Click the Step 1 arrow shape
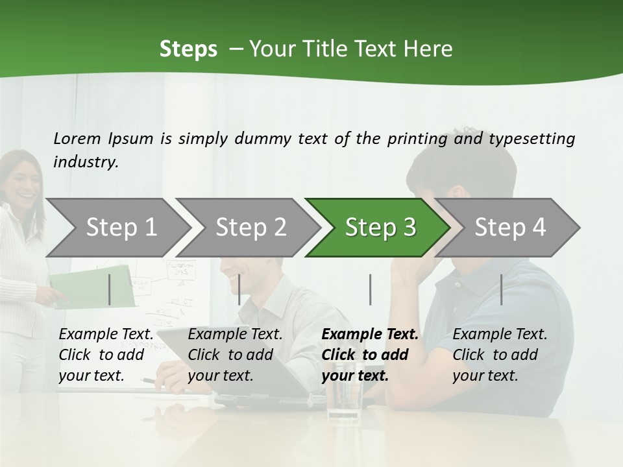tap(120, 228)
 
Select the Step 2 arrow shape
tap(250, 228)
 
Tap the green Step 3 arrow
tap(380, 228)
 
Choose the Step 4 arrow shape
tap(509, 228)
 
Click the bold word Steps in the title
tap(188, 49)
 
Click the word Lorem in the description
tap(77, 138)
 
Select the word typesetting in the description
tap(531, 139)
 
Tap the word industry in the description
tap(85, 162)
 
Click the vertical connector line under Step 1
tap(110, 289)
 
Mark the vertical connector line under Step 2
tap(239, 289)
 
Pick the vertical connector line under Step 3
tap(370, 289)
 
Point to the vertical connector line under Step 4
tap(501, 289)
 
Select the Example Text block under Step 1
tap(106, 355)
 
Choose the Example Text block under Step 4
tap(500, 355)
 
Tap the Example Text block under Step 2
tap(235, 355)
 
